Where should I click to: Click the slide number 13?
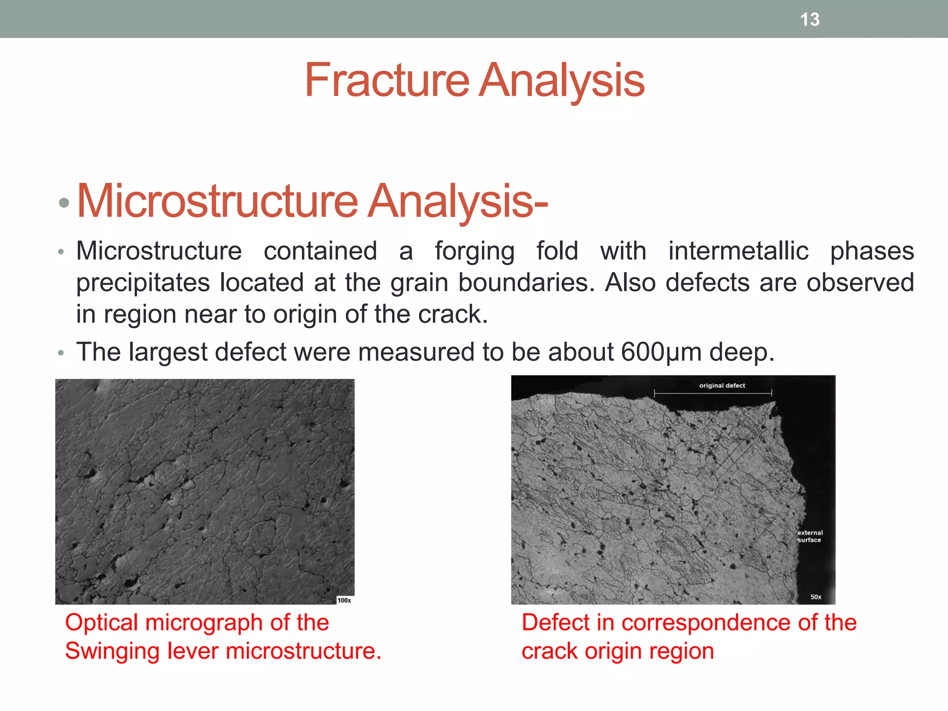click(810, 19)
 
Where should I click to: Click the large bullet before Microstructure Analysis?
click(64, 203)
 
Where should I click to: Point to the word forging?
click(474, 252)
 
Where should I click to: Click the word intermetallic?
click(738, 252)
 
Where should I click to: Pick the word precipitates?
click(143, 283)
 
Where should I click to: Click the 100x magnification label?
click(344, 600)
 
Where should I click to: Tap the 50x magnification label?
click(816, 597)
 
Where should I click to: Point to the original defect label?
click(722, 386)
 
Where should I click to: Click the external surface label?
click(810, 536)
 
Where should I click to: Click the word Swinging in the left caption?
click(112, 651)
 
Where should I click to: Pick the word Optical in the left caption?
click(101, 623)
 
